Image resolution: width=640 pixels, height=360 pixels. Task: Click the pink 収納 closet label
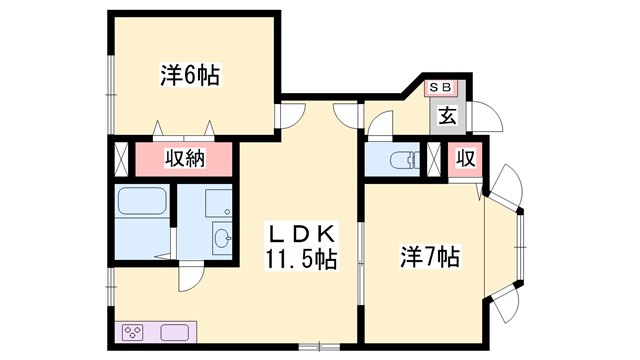[184, 158]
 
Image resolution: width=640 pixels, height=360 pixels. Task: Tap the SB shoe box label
[440, 88]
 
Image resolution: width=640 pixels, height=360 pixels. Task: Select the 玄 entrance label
[447, 116]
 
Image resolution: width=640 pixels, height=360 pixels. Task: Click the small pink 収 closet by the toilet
[464, 158]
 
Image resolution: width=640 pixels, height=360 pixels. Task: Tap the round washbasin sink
[223, 238]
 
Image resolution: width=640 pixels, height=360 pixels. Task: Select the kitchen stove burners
[133, 331]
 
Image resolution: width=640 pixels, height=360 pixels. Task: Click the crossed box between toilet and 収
[435, 159]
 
